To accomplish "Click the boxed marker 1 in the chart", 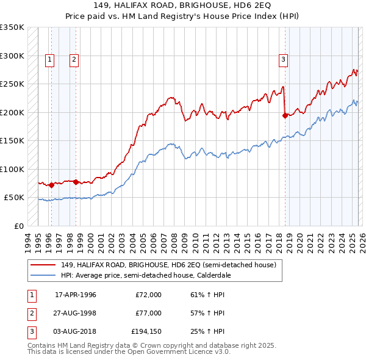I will [49, 59].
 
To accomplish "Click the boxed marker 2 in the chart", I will [73, 59].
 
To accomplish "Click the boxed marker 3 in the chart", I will [284, 59].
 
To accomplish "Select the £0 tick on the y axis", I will [18, 226].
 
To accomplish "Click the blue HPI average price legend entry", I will [145, 275].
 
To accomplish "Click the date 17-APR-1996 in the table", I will [76, 295].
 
